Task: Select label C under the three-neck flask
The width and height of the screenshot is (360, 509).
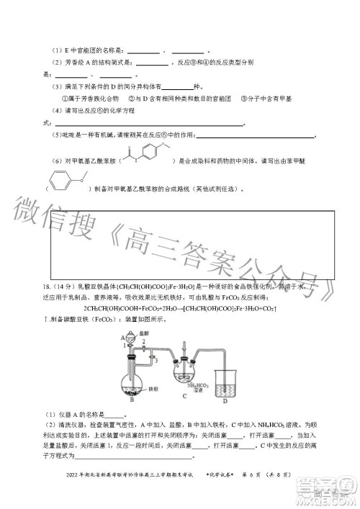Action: pyautogui.click(x=185, y=405)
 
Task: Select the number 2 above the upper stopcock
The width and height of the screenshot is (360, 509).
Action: pyautogui.click(x=132, y=349)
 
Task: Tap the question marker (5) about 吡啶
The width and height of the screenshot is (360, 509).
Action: pyautogui.click(x=58, y=136)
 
